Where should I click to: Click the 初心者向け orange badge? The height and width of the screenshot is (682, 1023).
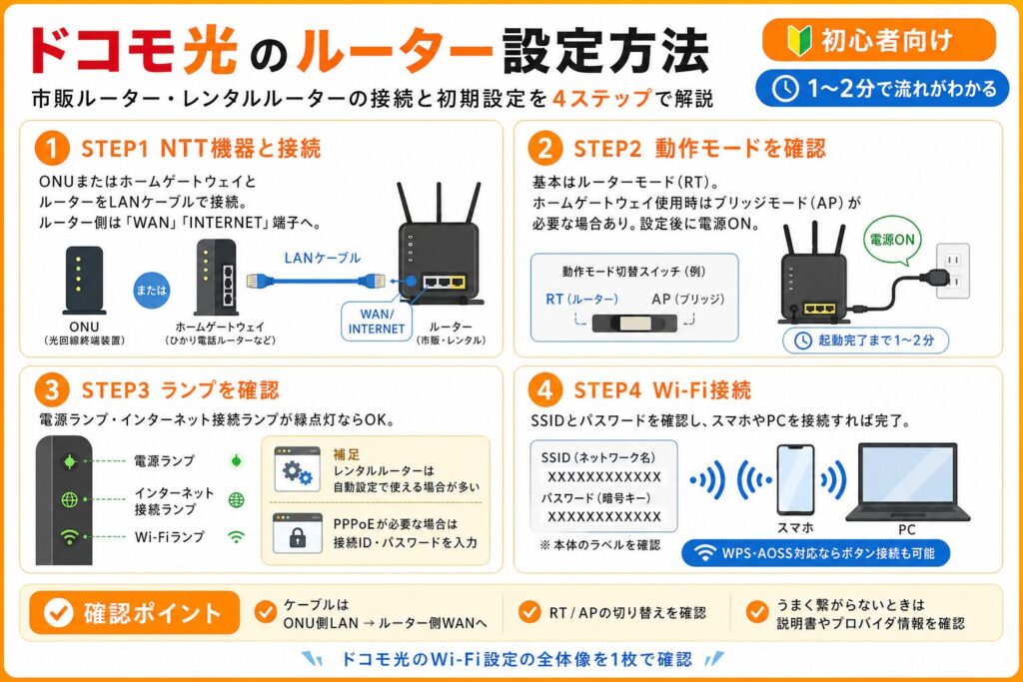pos(878,41)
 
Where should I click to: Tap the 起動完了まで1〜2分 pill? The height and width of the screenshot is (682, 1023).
pos(864,340)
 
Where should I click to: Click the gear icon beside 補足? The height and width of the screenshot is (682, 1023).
pos(297,467)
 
